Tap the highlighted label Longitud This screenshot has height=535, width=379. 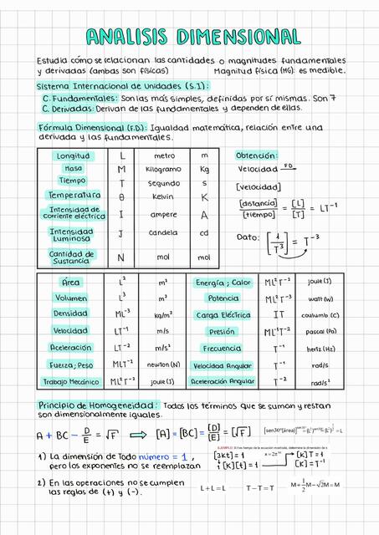[72, 156]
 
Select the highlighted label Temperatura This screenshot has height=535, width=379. [74, 195]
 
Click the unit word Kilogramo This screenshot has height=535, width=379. [163, 169]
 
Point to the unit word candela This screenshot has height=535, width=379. [163, 233]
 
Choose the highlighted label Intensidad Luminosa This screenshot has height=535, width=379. [71, 234]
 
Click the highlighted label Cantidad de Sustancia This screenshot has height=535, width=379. [71, 257]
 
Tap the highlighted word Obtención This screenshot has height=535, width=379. [257, 156]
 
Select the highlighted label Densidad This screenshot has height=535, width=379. [71, 313]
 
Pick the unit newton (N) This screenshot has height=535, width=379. [163, 364]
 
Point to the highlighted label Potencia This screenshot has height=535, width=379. [223, 298]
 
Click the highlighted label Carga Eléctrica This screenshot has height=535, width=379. [223, 315]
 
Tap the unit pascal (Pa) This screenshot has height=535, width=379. [320, 331]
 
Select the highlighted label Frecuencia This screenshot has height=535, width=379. [223, 349]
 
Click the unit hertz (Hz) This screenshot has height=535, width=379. [320, 349]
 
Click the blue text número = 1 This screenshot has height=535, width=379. [166, 457]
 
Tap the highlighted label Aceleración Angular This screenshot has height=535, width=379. [223, 381]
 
